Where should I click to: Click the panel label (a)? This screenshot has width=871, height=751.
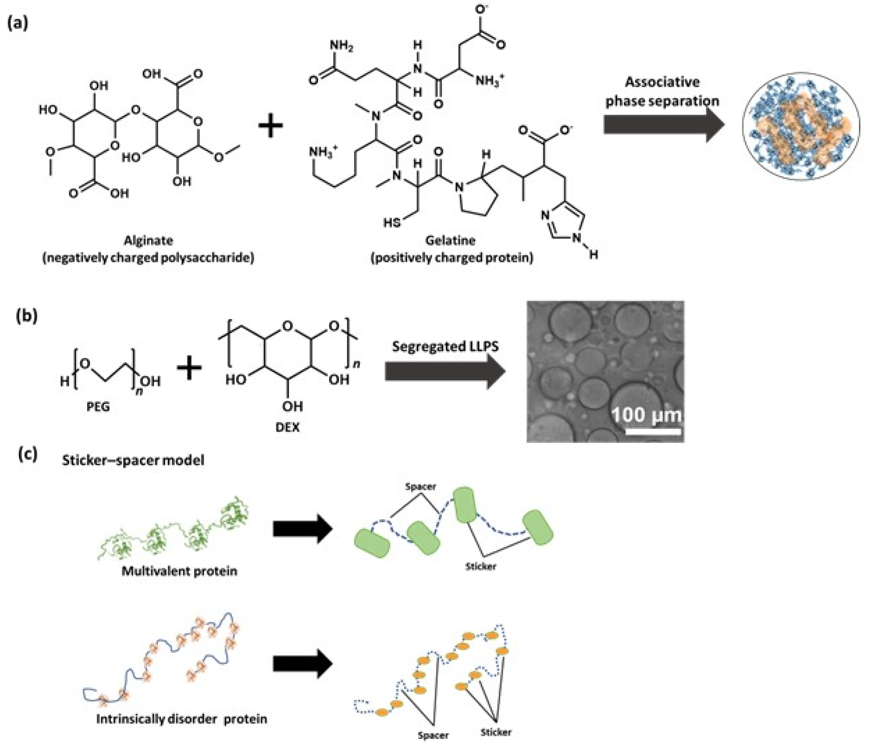coord(18,24)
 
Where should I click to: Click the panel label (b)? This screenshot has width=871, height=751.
coord(26,315)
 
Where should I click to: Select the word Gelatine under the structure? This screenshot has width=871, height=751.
coord(450,240)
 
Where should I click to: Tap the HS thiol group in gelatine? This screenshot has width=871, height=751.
coord(392,222)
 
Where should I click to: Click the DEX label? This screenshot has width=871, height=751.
coord(288,427)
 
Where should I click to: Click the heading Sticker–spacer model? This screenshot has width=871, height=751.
coord(133,460)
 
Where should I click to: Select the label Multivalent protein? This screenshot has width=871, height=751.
coord(179,571)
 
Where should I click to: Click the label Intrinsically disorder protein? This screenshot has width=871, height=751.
coord(182,719)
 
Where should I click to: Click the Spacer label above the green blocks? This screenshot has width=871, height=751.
coord(420,486)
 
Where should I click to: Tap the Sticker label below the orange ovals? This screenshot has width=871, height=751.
coord(496,732)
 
